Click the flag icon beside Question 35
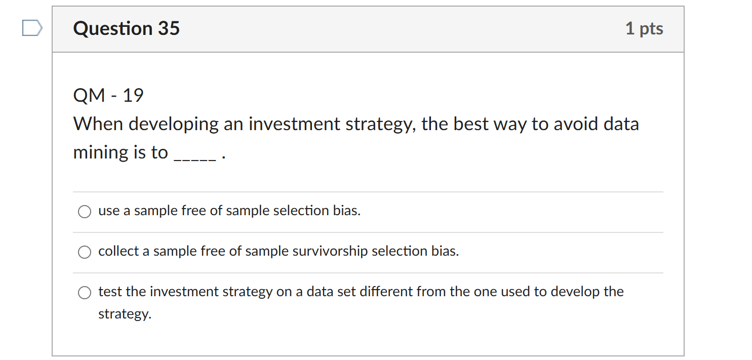click(31, 28)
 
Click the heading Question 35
click(126, 28)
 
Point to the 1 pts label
click(644, 28)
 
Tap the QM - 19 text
click(108, 95)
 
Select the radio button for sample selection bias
click(85, 212)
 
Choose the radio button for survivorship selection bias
click(85, 252)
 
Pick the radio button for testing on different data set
click(85, 293)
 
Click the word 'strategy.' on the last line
click(125, 314)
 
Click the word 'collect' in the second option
click(118, 251)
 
